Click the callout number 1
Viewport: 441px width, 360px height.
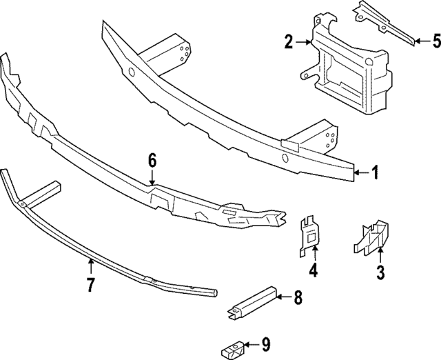375,173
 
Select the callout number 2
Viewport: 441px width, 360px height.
289,43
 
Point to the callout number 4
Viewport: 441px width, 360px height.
314,272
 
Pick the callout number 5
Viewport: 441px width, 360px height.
435,41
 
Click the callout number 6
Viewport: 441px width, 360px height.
152,161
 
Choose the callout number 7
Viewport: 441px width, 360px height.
90,284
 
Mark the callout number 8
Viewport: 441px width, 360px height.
298,298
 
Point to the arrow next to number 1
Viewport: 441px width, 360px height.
361,174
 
